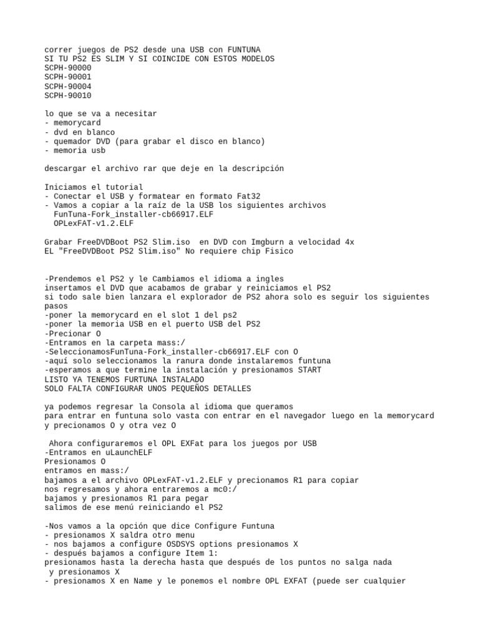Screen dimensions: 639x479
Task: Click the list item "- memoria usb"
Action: (x=75, y=150)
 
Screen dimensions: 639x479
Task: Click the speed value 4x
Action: (x=350, y=241)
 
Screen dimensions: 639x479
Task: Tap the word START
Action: (x=308, y=370)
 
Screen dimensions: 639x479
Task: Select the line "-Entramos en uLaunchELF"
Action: (x=99, y=452)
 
